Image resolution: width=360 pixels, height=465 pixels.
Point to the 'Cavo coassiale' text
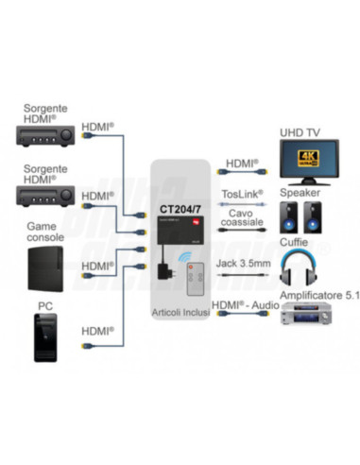pos(242,220)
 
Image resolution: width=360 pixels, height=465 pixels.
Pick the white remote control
pos(197,279)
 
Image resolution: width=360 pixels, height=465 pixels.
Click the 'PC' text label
pos(43,305)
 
